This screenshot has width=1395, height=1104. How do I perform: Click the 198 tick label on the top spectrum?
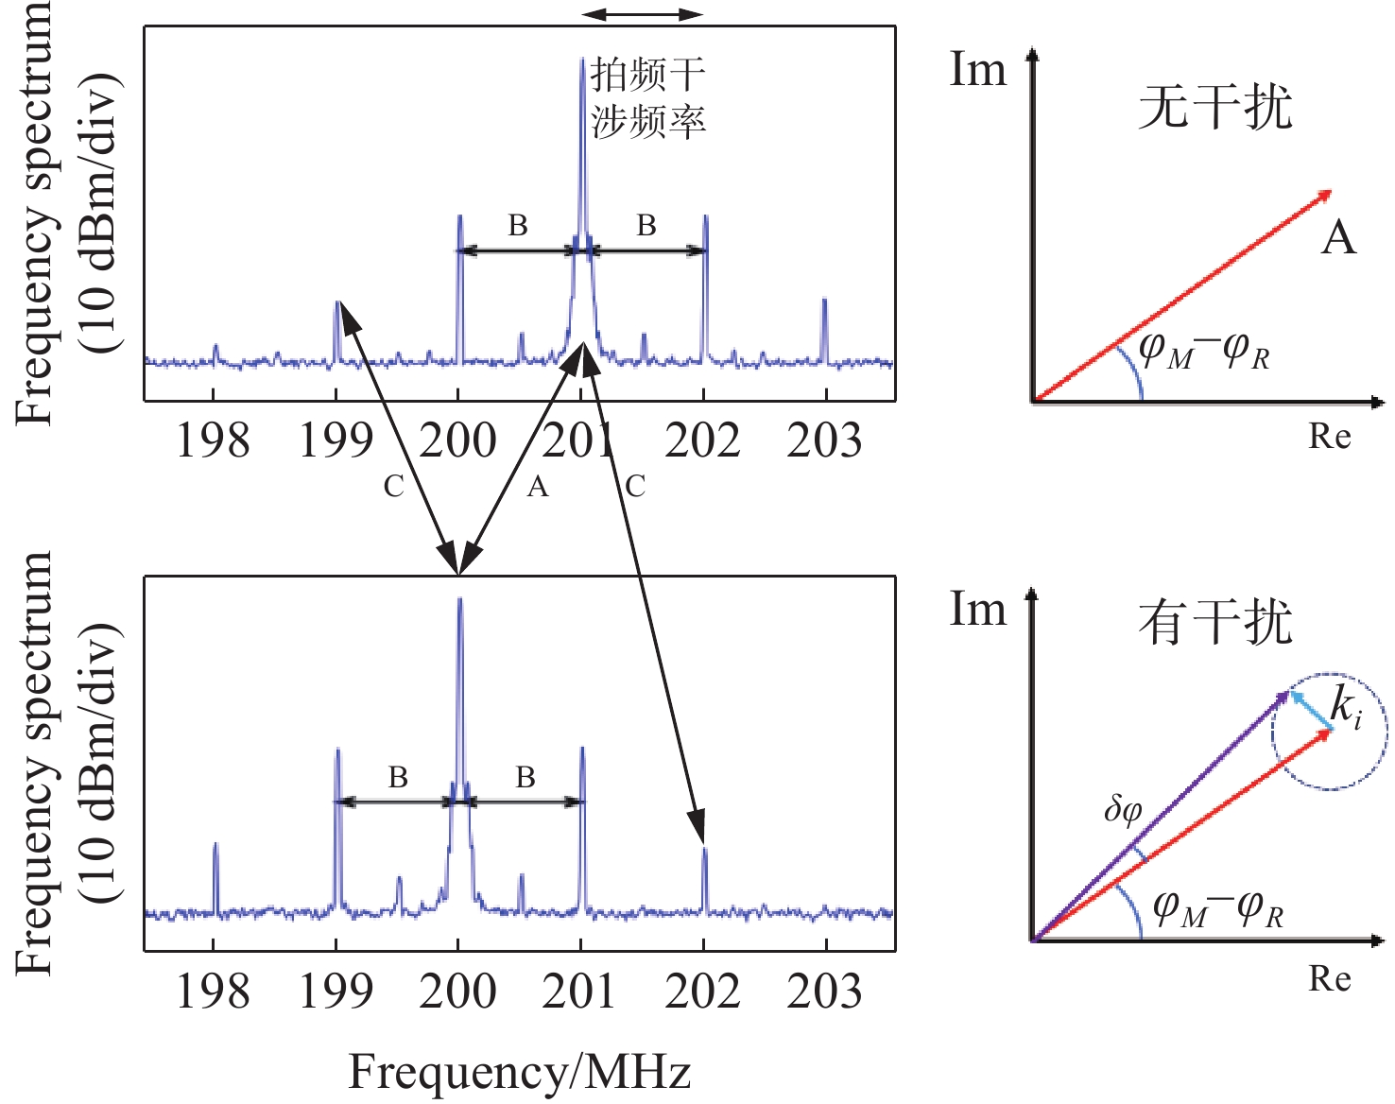[214, 440]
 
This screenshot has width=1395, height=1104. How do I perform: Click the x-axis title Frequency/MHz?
[520, 1072]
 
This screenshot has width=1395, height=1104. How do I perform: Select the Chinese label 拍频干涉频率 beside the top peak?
[648, 98]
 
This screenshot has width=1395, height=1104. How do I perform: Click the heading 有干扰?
[1215, 623]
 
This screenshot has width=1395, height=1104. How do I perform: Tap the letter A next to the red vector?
[1338, 236]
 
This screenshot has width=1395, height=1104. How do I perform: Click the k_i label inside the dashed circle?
[1346, 706]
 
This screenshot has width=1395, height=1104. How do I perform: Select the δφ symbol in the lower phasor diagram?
[1123, 810]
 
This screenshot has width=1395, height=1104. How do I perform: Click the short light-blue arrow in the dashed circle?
[1312, 710]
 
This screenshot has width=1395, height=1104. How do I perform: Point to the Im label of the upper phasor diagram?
[978, 70]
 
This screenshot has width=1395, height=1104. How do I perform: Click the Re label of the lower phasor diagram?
[1330, 978]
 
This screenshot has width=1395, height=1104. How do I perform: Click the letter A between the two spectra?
[538, 487]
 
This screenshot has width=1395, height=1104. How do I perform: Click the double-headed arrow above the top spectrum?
[643, 14]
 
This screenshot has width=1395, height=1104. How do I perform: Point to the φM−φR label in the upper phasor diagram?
[1204, 352]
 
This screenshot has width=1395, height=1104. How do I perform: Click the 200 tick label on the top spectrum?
[458, 440]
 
